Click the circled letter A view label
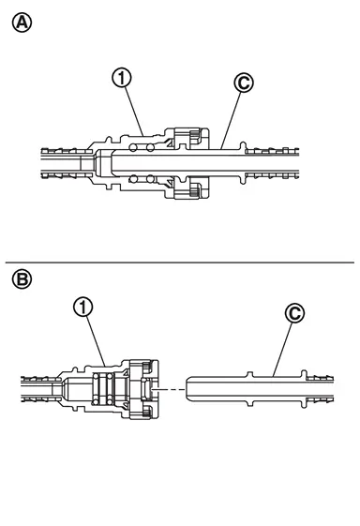coord(22,23)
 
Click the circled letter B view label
coord(22,279)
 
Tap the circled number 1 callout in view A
coord(122,78)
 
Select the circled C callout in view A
coord(244,83)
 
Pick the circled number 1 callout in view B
coord(83,307)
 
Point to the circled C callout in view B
coord(294,313)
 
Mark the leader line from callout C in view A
coord(231,120)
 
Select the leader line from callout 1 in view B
coord(97,341)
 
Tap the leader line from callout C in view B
coord(282,349)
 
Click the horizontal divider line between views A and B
coord(180,263)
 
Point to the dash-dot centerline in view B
coord(169,389)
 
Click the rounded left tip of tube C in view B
coord(187,389)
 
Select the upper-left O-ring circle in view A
coord(133,147)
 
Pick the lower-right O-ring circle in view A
coord(150,179)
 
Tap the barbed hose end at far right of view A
coord(272,163)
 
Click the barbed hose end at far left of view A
coord(67,163)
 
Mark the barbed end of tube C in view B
coord(320,389)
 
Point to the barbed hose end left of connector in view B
coord(41,389)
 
